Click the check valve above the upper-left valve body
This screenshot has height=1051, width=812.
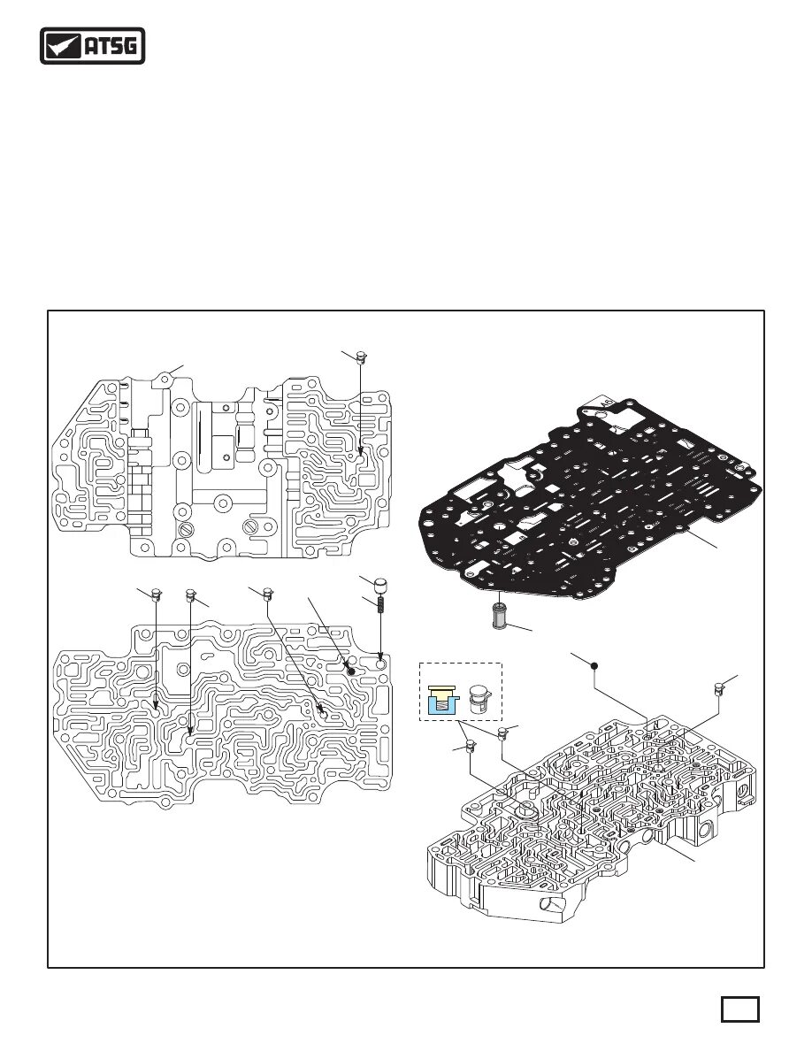[x=360, y=357]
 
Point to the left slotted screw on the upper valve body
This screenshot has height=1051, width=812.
[x=186, y=529]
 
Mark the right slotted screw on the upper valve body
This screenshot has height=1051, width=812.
[x=253, y=529]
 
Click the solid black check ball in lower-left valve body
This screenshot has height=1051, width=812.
[x=349, y=672]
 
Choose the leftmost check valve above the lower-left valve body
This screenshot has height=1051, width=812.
[x=156, y=593]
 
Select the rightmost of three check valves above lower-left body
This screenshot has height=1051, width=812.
[x=266, y=593]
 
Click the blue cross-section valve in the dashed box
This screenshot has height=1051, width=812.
[x=440, y=698]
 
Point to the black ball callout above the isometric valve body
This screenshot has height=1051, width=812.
[x=595, y=665]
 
